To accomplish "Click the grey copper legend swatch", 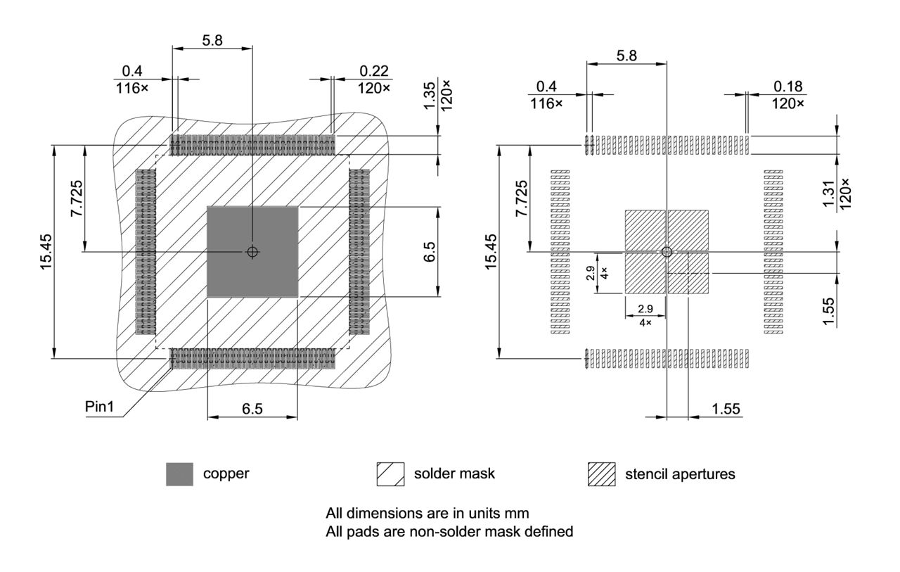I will (179, 474).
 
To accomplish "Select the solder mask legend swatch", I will (390, 474).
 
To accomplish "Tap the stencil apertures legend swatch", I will (601, 474).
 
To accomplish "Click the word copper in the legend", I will (226, 474).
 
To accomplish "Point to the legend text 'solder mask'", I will (454, 474).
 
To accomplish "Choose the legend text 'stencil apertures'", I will (680, 474).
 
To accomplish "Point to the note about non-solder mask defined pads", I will (449, 531).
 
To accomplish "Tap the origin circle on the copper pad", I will (252, 252).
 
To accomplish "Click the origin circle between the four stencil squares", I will (667, 252).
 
